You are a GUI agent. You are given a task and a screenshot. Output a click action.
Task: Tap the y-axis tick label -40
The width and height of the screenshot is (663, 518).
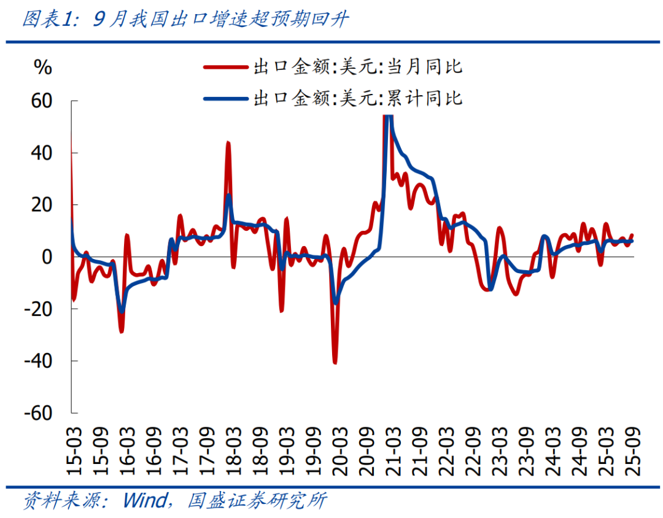38,361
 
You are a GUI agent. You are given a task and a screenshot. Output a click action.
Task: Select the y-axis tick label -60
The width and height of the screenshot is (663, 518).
38,412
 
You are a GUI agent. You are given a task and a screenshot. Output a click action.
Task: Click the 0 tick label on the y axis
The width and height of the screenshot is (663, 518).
48,257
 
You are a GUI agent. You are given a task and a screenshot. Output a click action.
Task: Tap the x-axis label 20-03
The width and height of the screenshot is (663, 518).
340,451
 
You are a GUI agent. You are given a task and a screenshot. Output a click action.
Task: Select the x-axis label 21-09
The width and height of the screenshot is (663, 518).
420,451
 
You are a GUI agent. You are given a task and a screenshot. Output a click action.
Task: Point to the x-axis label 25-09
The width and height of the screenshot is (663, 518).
633,451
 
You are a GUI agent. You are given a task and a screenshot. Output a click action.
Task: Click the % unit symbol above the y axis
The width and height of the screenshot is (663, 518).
42,67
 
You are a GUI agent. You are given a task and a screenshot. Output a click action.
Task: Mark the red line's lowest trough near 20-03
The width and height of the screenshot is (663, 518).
335,363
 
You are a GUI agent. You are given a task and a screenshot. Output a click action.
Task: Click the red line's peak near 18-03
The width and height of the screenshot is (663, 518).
228,142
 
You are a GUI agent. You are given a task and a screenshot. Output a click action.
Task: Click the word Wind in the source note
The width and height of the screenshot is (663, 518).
144,501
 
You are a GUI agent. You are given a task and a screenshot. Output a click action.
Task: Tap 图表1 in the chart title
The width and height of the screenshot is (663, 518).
47,20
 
